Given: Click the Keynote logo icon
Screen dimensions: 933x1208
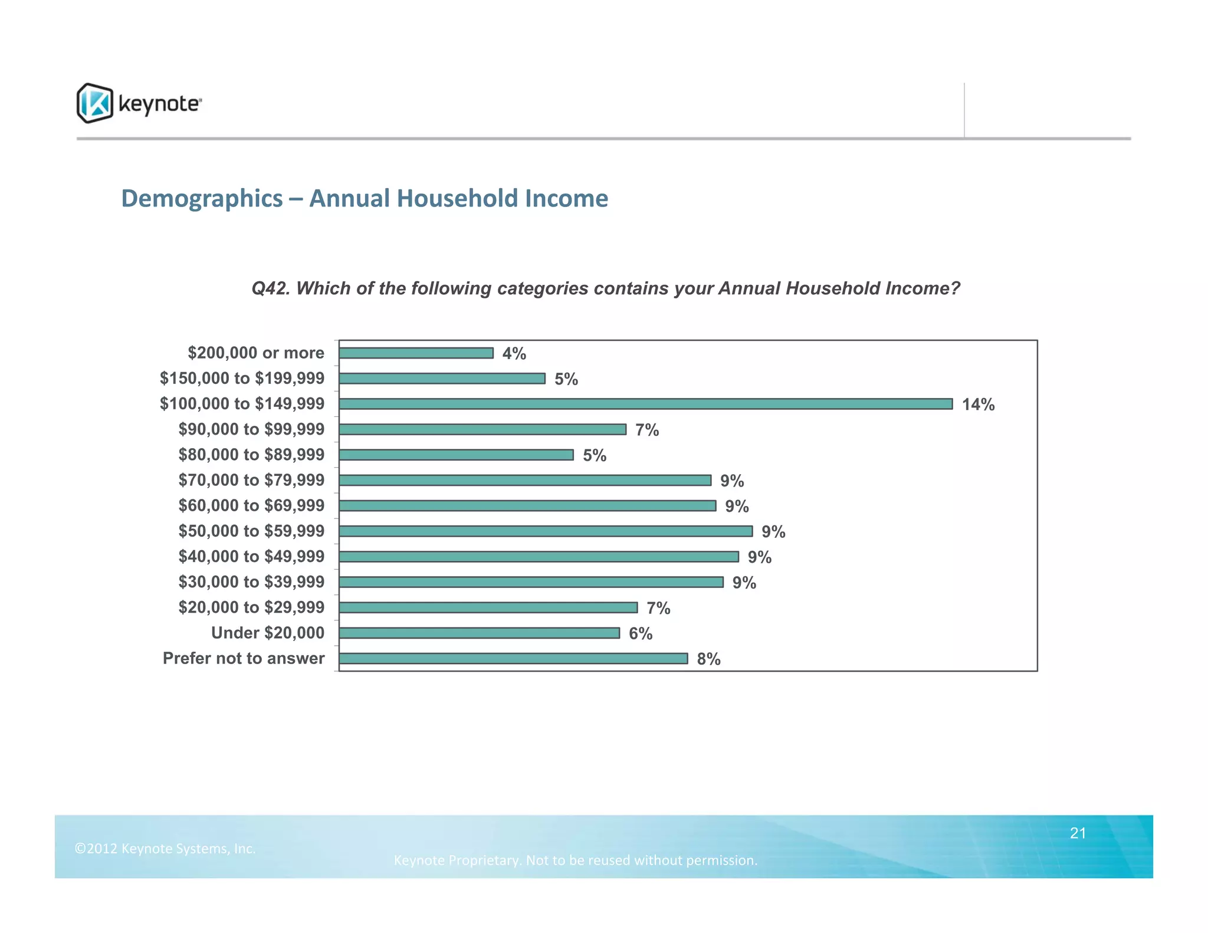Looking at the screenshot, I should (94, 103).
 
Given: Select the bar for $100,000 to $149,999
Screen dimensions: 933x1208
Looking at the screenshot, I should (645, 404).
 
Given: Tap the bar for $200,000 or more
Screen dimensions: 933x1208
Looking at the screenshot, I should (416, 353).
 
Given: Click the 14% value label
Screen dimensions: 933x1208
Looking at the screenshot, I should (978, 405).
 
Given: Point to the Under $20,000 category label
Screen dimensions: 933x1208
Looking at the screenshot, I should (267, 633).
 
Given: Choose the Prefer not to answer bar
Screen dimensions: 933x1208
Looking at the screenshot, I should (513, 658).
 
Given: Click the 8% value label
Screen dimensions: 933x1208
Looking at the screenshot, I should (708, 659).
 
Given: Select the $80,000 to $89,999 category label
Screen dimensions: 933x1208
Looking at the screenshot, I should (251, 455).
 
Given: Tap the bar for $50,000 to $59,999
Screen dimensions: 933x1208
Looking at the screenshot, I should (546, 531).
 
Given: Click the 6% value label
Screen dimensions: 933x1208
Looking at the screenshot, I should (640, 633).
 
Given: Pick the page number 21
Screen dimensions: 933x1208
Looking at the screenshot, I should (1078, 833).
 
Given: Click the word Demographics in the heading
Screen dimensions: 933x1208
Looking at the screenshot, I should (202, 199).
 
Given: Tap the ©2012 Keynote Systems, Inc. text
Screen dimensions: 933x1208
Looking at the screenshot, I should (165, 849).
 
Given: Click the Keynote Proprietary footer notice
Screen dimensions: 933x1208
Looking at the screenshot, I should (575, 860).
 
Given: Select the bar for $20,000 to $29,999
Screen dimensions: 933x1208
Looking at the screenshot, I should (488, 607).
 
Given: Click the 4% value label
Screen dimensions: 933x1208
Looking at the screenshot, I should (514, 353).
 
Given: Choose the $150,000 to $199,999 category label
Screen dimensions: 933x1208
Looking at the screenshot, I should (242, 378).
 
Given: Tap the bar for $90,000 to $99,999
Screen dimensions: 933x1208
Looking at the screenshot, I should (482, 429).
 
